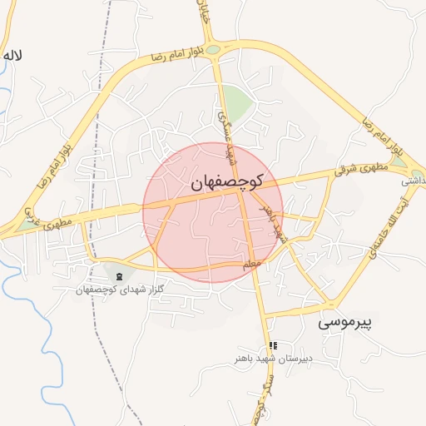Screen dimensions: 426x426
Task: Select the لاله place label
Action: [x=12, y=56]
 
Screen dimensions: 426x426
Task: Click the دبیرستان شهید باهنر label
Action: [x=270, y=359]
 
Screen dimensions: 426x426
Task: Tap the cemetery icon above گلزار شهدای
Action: [x=120, y=275]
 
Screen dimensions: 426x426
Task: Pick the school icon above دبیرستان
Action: [x=273, y=346]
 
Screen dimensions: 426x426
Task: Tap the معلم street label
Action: [x=252, y=265]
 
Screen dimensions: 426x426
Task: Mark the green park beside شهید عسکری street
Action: [x=237, y=105]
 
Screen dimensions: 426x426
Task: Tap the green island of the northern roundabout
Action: [x=214, y=50]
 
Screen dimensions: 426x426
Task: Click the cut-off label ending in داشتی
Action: [x=414, y=180]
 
